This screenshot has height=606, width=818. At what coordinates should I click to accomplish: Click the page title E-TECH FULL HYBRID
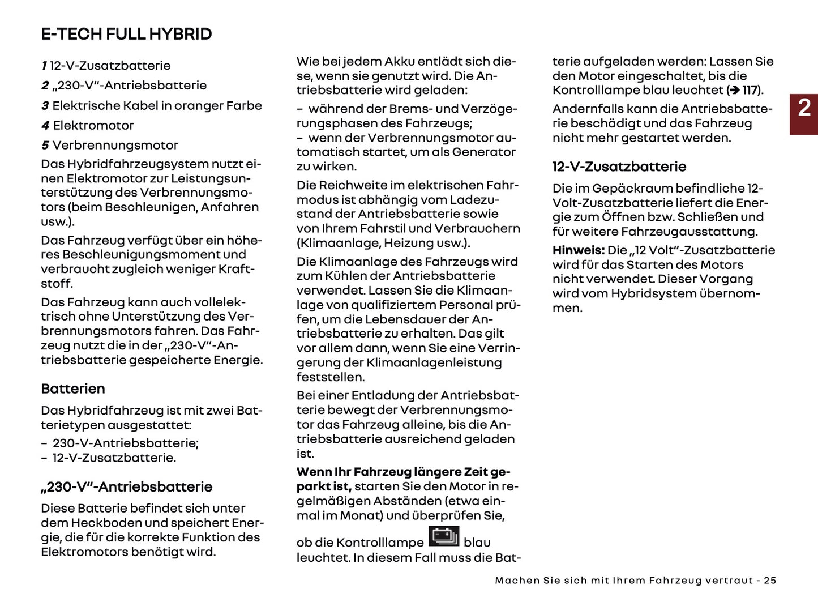126,34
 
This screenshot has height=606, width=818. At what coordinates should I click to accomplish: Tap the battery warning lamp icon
444,536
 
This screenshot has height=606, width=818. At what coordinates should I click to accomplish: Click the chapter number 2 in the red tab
804,108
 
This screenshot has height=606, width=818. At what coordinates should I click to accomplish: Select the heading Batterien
73,389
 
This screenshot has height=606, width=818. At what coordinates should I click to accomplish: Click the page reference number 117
750,90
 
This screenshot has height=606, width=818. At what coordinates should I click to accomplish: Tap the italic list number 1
44,66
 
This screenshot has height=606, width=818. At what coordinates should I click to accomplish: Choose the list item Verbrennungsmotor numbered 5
115,145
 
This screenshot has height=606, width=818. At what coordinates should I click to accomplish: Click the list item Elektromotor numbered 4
93,125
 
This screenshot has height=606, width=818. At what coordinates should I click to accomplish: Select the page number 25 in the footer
770,581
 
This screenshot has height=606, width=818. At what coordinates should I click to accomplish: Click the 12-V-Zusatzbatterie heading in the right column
619,167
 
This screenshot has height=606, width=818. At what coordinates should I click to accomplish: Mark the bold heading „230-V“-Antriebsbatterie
126,486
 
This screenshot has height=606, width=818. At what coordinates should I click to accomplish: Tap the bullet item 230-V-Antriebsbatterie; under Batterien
125,443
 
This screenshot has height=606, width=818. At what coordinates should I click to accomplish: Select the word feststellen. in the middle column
331,377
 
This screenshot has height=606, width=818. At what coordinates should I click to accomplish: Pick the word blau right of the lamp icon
477,543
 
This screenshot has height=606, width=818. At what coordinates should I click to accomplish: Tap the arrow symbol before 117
734,90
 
